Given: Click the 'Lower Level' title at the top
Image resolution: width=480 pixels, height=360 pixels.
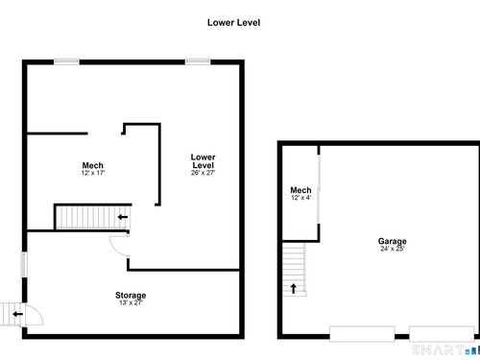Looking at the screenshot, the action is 233,23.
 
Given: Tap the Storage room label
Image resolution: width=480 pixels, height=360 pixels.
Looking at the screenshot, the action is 131,295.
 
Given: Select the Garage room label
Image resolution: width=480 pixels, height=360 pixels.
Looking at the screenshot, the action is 393,241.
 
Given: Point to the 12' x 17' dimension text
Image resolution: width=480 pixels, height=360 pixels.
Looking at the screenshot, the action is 93,173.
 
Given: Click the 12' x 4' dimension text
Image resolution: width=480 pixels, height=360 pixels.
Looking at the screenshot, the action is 300,198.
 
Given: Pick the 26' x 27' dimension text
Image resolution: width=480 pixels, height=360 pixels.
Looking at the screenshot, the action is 203,173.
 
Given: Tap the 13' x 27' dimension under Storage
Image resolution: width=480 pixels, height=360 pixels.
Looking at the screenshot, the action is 131,302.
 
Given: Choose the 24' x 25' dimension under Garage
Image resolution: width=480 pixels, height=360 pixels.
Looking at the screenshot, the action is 393,249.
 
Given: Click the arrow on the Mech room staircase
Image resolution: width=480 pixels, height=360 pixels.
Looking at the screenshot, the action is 123,217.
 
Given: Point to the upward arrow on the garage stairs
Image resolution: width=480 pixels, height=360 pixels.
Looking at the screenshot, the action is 293,288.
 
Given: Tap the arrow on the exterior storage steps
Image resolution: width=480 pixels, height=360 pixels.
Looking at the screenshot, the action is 18,314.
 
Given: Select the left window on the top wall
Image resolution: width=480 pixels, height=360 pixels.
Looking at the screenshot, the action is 66,61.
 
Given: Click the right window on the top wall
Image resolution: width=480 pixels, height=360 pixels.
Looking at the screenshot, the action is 198,61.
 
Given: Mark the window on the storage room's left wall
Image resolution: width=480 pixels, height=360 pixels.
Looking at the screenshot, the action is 24,265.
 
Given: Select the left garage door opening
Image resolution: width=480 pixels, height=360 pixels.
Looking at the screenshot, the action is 362,334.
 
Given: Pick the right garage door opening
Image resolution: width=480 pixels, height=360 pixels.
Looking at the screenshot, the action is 442,334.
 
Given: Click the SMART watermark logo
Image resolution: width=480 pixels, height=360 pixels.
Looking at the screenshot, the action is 446,350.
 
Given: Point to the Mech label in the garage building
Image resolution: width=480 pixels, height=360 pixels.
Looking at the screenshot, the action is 300,190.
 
